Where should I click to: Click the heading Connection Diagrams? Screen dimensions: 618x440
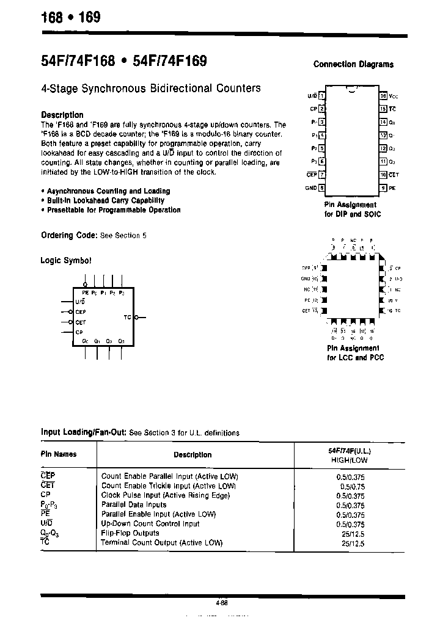353,64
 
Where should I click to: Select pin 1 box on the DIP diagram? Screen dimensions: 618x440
322,96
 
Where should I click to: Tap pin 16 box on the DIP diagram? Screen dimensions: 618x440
383,96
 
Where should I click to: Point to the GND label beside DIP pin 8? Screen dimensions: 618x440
311,188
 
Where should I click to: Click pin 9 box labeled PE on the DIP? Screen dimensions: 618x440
383,188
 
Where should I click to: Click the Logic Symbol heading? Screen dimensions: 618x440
66,260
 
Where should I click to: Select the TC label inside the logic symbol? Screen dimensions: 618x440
127,317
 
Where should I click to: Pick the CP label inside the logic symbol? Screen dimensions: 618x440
79,332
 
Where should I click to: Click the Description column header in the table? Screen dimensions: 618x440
193,454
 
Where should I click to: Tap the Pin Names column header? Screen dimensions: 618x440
59,454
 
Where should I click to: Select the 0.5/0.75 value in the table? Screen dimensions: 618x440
351,486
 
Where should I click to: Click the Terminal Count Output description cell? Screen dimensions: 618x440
161,542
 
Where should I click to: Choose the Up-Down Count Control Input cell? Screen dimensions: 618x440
150,523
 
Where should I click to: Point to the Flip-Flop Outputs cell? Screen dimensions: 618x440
130,533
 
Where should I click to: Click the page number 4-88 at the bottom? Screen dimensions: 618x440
221,603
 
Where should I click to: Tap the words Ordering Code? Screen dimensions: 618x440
68,235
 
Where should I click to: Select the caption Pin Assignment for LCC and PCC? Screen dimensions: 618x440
355,352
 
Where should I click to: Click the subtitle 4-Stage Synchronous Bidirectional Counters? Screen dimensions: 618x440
151,88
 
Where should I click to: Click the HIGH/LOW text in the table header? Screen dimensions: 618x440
350,459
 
